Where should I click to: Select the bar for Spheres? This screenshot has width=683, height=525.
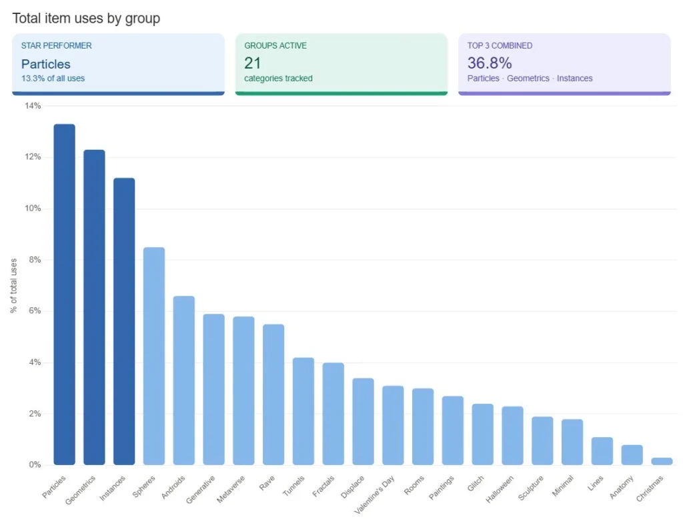154,356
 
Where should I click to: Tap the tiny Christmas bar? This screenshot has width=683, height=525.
662,461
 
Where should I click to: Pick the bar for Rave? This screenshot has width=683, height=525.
273,394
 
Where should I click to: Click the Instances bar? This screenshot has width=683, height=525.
124,321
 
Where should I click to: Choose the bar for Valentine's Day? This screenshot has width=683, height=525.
393,425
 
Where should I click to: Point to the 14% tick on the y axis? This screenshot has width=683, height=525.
33,106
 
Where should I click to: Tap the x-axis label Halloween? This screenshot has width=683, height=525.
500,489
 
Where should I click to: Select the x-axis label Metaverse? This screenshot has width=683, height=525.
232,490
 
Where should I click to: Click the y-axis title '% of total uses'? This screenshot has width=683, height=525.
14,285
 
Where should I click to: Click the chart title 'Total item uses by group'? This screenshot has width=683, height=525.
86,18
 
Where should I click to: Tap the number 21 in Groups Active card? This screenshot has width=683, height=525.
253,63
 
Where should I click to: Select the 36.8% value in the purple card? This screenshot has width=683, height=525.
490,63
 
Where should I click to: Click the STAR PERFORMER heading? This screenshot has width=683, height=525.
57,46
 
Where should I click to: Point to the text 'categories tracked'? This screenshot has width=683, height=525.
278,78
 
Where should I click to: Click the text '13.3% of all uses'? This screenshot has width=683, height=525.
53,78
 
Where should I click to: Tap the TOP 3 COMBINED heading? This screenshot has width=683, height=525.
500,46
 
